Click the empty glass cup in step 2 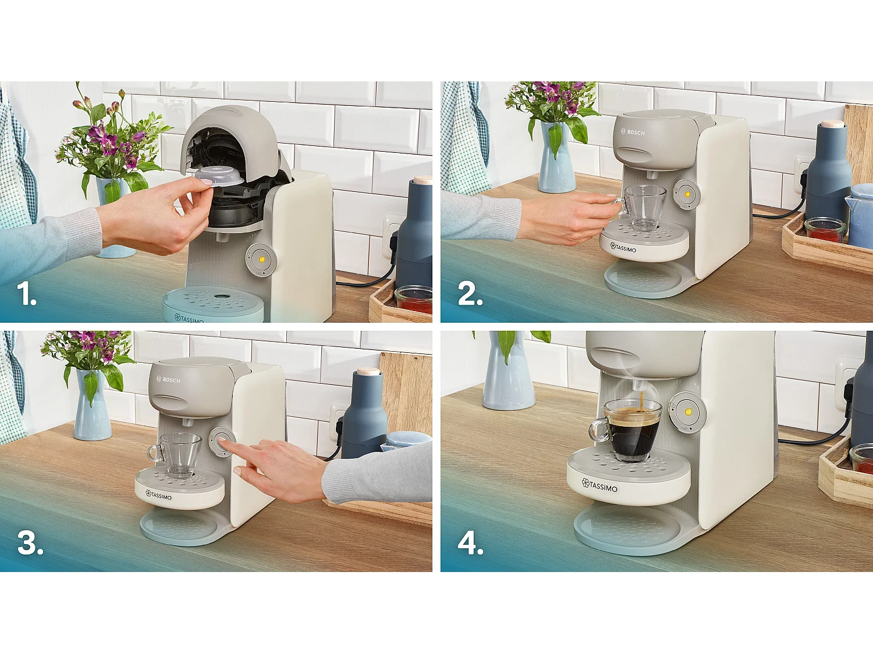[644, 207]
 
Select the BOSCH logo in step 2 [633, 133]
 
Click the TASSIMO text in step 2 [624, 248]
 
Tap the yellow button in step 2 [687, 194]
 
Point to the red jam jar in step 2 [824, 231]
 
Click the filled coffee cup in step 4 [631, 430]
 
